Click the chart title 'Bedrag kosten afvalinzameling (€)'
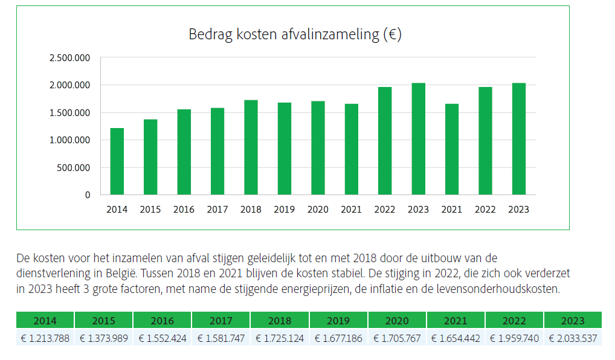point(295,34)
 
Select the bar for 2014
point(117,161)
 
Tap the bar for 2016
point(184,152)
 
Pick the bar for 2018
point(251,147)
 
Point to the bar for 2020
point(318,148)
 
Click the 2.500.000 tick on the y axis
point(69,58)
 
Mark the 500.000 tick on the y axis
point(74,168)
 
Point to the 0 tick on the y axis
point(88,195)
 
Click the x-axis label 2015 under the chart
point(150,210)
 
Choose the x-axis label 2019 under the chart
point(284,210)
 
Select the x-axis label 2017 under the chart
point(217,210)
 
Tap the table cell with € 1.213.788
point(45,338)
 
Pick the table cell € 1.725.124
point(280,338)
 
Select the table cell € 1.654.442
point(456,338)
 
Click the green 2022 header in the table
point(514,320)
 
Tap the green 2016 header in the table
point(163,320)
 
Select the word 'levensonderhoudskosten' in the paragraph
point(506,289)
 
